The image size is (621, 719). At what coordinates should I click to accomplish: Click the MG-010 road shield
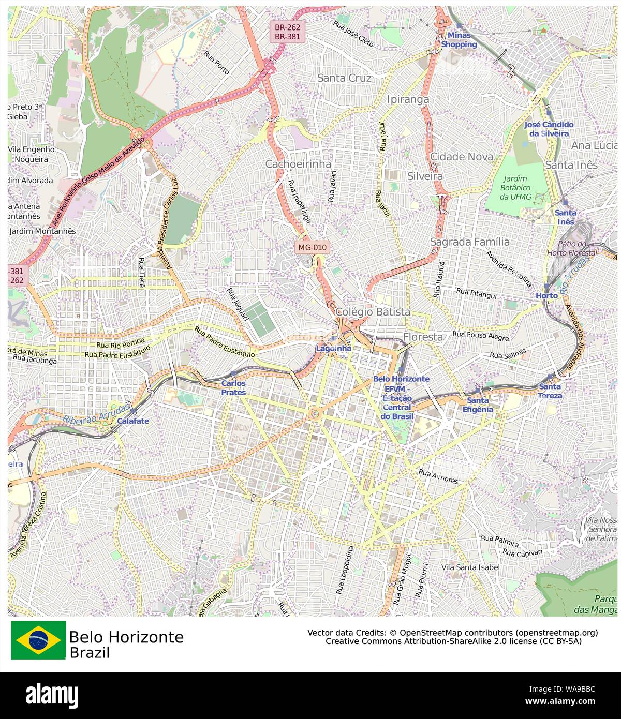(x=313, y=247)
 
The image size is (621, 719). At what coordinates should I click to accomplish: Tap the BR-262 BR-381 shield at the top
(x=288, y=32)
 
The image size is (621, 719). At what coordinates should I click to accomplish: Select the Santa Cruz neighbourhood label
(x=344, y=78)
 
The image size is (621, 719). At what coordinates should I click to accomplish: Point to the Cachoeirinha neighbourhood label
(x=298, y=164)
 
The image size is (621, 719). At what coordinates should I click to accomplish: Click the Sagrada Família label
(x=470, y=242)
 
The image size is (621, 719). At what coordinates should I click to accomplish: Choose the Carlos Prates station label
(x=233, y=388)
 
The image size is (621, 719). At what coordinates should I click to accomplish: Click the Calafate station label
(x=133, y=421)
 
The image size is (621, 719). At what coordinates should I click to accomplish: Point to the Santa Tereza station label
(x=550, y=391)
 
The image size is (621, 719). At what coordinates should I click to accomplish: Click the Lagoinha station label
(x=334, y=348)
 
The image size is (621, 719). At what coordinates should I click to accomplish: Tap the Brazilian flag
(x=39, y=640)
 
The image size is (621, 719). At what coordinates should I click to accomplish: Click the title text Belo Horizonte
(x=126, y=636)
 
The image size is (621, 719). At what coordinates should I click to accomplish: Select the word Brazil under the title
(x=90, y=653)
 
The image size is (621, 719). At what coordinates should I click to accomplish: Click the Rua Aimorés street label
(x=438, y=476)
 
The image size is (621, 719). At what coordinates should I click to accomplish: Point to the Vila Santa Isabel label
(x=471, y=567)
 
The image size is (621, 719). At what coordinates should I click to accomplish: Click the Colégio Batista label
(x=373, y=312)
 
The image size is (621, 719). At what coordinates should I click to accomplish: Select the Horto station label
(x=546, y=295)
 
